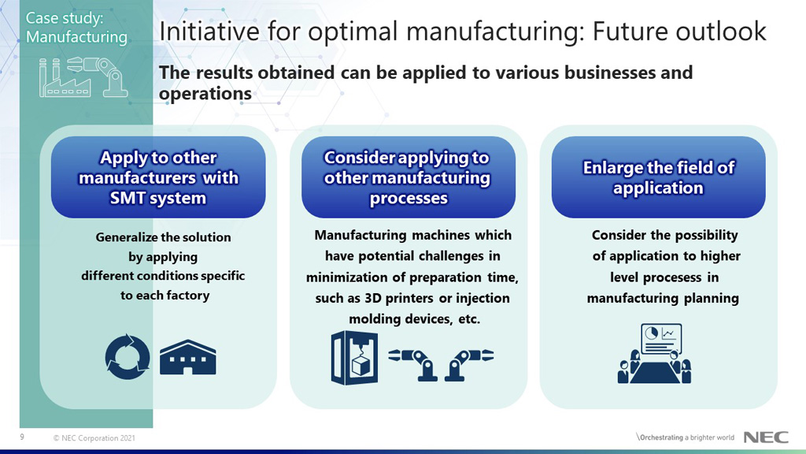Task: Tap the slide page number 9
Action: [x=22, y=437]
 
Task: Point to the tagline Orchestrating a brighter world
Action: [x=685, y=437]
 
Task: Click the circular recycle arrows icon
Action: [x=126, y=356]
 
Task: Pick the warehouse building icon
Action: [x=187, y=358]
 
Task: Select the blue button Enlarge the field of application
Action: [x=658, y=177]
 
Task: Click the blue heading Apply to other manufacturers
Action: [x=158, y=177]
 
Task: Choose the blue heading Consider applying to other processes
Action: [x=408, y=177]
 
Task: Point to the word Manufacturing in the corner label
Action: [x=76, y=36]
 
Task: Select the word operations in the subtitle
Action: [x=205, y=94]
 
